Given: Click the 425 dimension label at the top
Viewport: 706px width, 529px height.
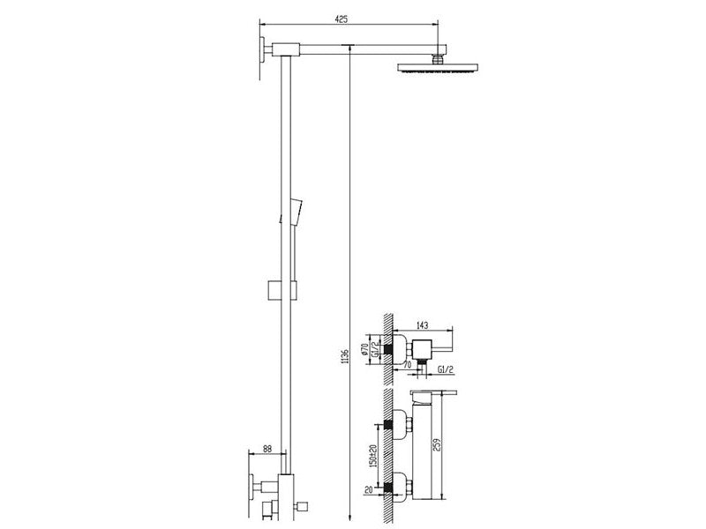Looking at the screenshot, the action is pyautogui.click(x=342, y=19).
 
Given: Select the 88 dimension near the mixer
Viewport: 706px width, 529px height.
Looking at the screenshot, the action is pyautogui.click(x=267, y=449).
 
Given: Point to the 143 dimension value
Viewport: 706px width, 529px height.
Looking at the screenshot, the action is pyautogui.click(x=423, y=325).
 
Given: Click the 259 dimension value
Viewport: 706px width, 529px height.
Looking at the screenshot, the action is pyautogui.click(x=435, y=444).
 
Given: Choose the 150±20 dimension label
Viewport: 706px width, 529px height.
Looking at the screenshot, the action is pyautogui.click(x=372, y=456).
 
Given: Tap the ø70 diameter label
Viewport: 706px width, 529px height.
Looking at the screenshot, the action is pyautogui.click(x=364, y=348).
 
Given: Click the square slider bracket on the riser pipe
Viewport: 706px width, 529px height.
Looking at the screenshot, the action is pyautogui.click(x=282, y=290).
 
